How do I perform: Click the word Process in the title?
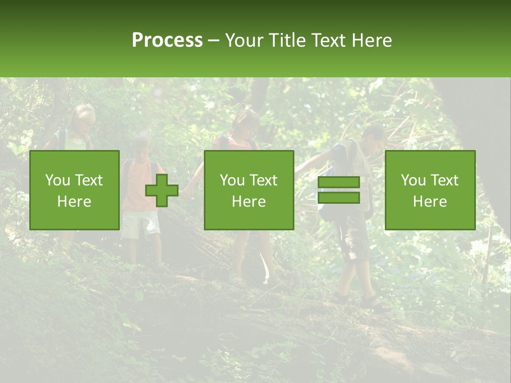(x=167, y=40)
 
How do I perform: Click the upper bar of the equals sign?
(x=339, y=182)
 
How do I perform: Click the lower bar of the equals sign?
(x=339, y=198)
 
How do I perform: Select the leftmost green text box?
(x=75, y=190)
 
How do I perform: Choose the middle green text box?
(x=249, y=190)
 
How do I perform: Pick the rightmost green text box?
(x=430, y=190)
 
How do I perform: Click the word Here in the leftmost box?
(x=75, y=201)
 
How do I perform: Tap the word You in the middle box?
(x=232, y=180)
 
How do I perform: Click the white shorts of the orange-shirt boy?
(x=139, y=223)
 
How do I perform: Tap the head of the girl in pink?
(x=247, y=122)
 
